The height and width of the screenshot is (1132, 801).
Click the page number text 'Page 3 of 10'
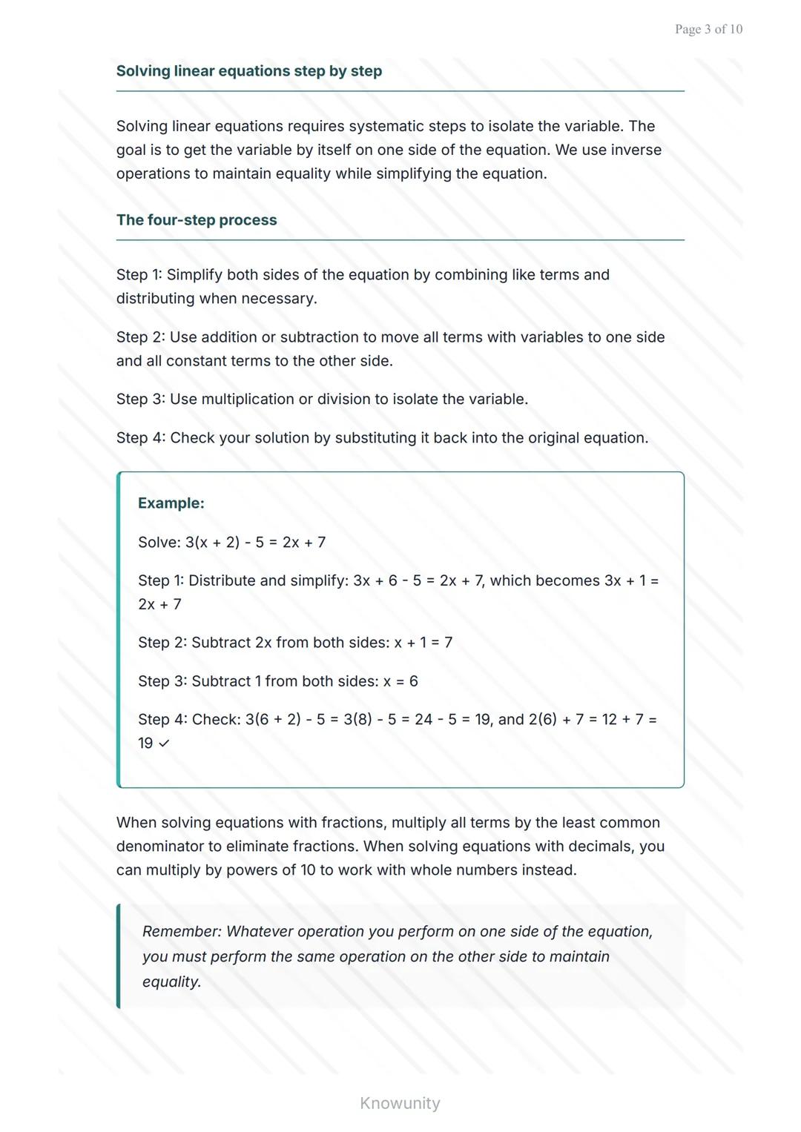pyautogui.click(x=708, y=29)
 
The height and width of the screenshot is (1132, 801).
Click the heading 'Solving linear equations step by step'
pyautogui.click(x=249, y=71)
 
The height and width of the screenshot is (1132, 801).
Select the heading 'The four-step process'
pyautogui.click(x=197, y=220)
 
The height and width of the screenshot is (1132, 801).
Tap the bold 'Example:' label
pyautogui.click(x=171, y=503)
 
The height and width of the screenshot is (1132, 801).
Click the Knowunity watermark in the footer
pyautogui.click(x=400, y=1103)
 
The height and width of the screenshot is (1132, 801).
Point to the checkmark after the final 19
pyautogui.click(x=164, y=744)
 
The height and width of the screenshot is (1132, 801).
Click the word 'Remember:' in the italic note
pyautogui.click(x=182, y=932)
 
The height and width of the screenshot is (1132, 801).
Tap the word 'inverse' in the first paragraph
pyautogui.click(x=636, y=150)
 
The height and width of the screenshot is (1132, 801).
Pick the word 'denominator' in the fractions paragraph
pyautogui.click(x=158, y=847)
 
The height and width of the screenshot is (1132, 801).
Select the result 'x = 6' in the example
pyautogui.click(x=400, y=681)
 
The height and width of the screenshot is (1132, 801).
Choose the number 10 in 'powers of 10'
pyautogui.click(x=308, y=870)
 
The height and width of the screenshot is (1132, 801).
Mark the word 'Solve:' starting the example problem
pyautogui.click(x=159, y=543)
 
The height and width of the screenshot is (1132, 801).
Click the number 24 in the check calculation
pyautogui.click(x=423, y=720)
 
